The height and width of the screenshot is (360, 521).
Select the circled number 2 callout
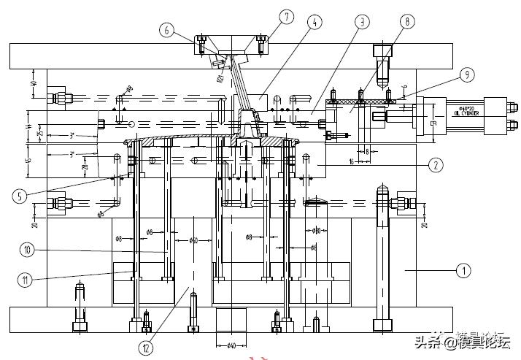point(436,165)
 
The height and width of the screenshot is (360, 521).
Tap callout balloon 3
point(360,23)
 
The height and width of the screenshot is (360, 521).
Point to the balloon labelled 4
point(314,23)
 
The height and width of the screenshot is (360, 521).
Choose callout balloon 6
point(169,30)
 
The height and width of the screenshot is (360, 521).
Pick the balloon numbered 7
point(266,15)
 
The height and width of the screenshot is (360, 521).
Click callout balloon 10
point(27,249)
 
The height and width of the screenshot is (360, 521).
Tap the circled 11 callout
point(27,278)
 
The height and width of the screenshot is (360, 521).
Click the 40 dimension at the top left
point(34,85)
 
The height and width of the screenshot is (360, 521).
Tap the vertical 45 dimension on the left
point(28,161)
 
